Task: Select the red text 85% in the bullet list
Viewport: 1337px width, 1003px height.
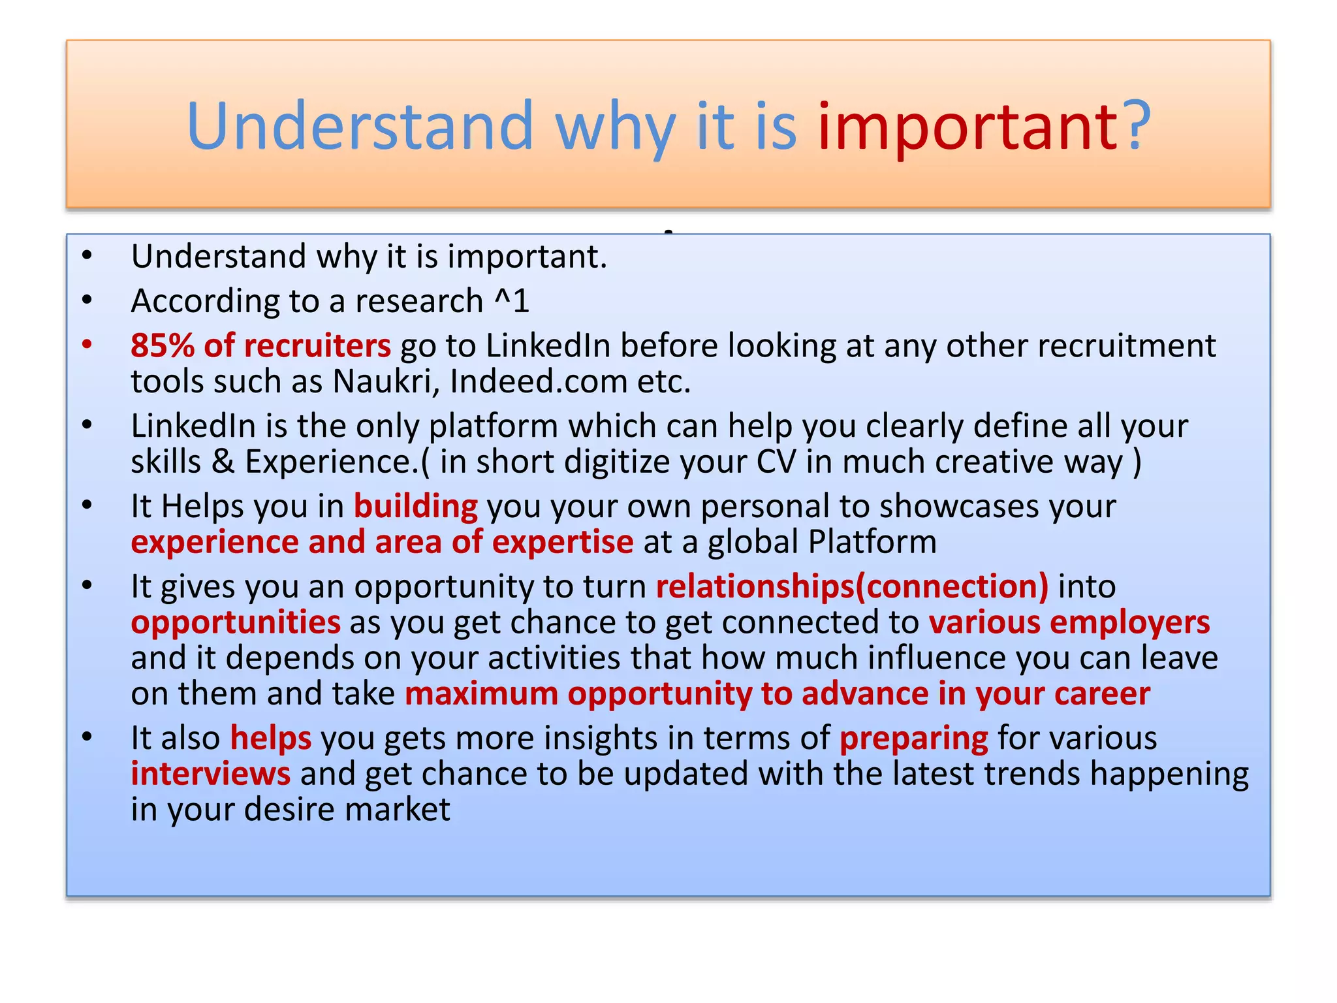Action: pos(162,345)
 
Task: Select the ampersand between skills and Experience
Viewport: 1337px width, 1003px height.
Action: pos(223,462)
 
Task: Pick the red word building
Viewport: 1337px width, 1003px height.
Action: pos(415,507)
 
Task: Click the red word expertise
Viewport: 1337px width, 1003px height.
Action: pos(562,543)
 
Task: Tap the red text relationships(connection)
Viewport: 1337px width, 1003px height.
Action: pos(852,586)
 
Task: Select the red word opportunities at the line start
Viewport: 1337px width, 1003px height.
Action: pos(236,622)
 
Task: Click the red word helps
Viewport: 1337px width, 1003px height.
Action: pos(271,739)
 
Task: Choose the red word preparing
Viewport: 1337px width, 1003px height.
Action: pos(913,739)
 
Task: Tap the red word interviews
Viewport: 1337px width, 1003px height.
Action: pos(210,774)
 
